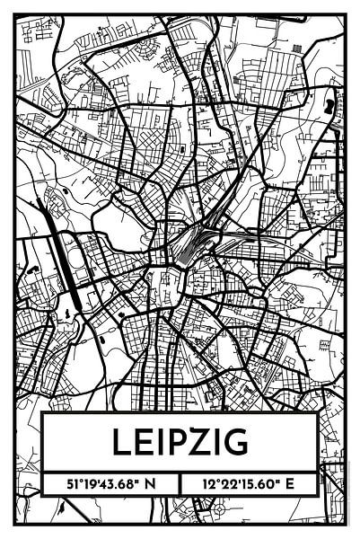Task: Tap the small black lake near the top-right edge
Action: pyautogui.click(x=330, y=106)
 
